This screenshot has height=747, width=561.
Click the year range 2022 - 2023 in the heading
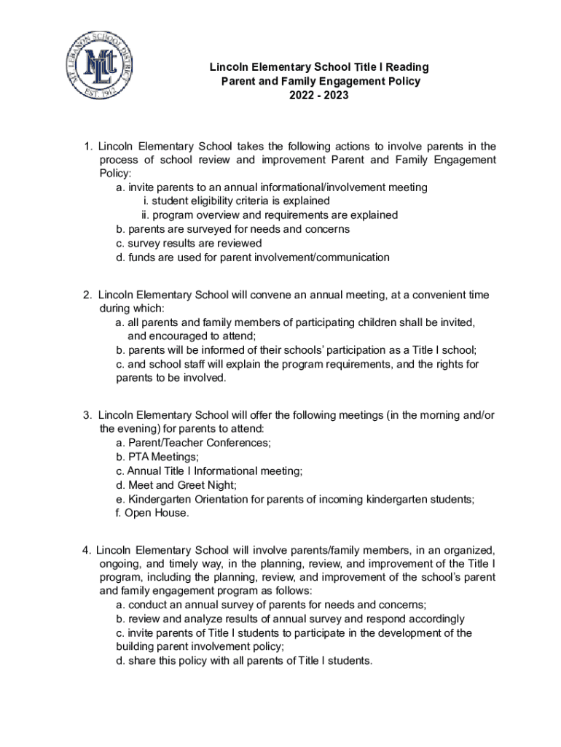click(x=319, y=96)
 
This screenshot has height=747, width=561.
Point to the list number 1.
click(x=86, y=146)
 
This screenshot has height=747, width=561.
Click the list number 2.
click(x=86, y=295)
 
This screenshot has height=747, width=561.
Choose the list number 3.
click(x=86, y=415)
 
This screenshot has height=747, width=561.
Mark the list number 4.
click(x=86, y=549)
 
